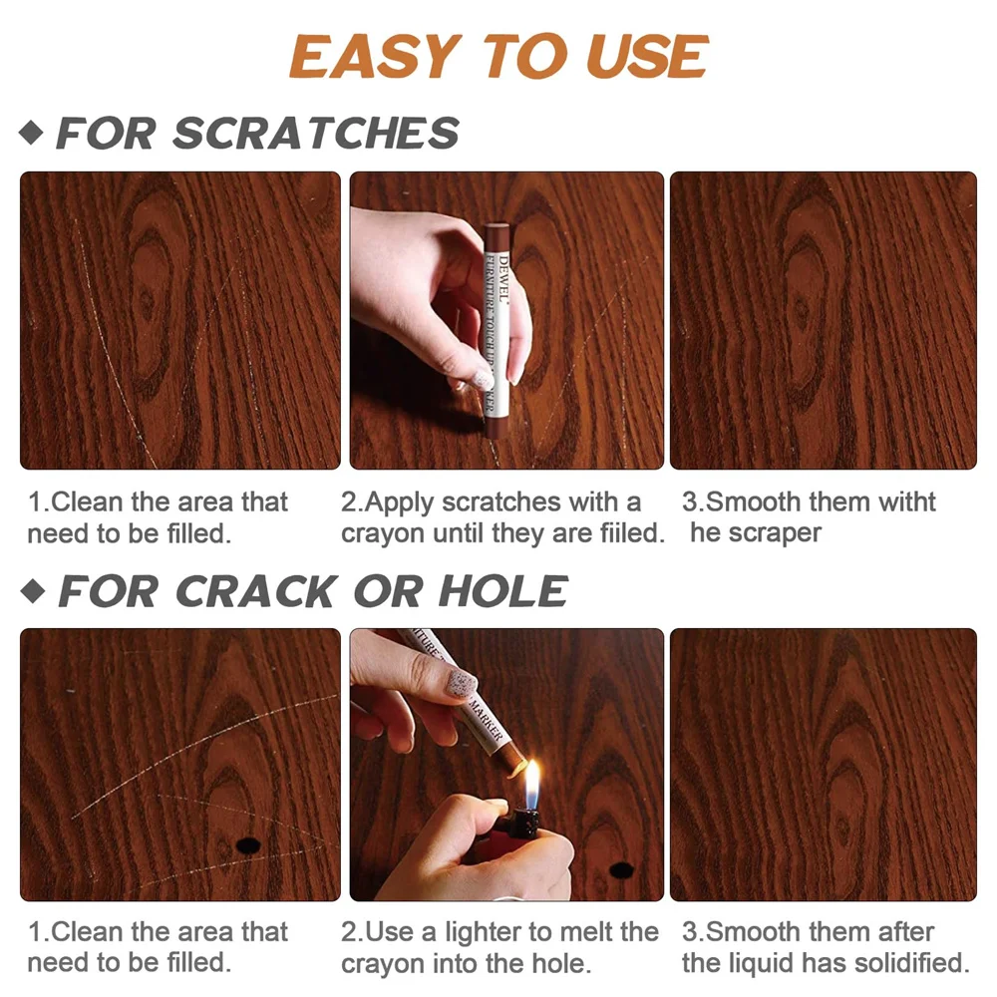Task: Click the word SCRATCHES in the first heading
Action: [316, 134]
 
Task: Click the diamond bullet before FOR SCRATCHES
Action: [32, 133]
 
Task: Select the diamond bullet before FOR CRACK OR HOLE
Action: [32, 591]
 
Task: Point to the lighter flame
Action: [532, 783]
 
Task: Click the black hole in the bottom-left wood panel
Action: [244, 845]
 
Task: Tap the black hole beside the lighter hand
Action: [622, 869]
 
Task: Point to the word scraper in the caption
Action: [773, 533]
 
